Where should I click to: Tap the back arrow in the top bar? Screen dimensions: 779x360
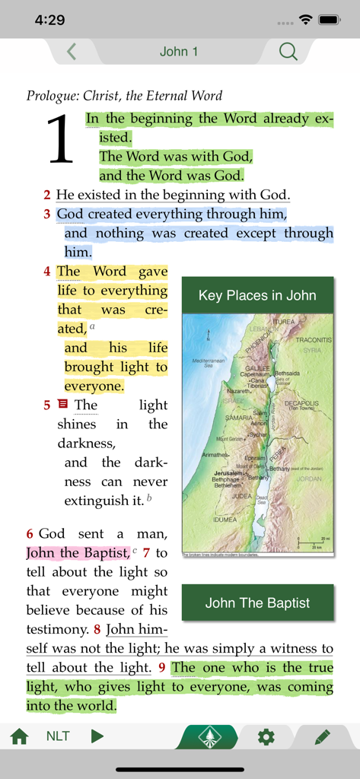point(72,52)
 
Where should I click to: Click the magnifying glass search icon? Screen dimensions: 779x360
point(288,52)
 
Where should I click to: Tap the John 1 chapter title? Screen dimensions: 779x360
point(179,52)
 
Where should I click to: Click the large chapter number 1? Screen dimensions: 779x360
point(61,139)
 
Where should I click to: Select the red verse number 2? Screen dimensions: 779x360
point(47,196)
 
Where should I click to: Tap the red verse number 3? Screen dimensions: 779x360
point(47,215)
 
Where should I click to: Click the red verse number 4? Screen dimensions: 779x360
point(47,272)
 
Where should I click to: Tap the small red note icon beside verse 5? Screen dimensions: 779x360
point(63,405)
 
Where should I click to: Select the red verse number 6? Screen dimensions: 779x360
point(30,534)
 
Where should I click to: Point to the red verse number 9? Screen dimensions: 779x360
point(161,668)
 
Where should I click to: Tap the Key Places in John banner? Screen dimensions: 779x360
point(257,295)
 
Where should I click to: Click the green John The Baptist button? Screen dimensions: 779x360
point(257,603)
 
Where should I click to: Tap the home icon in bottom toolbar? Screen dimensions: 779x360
point(19,736)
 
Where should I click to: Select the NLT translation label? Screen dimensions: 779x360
point(58,736)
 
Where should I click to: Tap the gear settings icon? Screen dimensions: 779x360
point(266,736)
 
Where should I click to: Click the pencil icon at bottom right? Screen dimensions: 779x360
point(322,736)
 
